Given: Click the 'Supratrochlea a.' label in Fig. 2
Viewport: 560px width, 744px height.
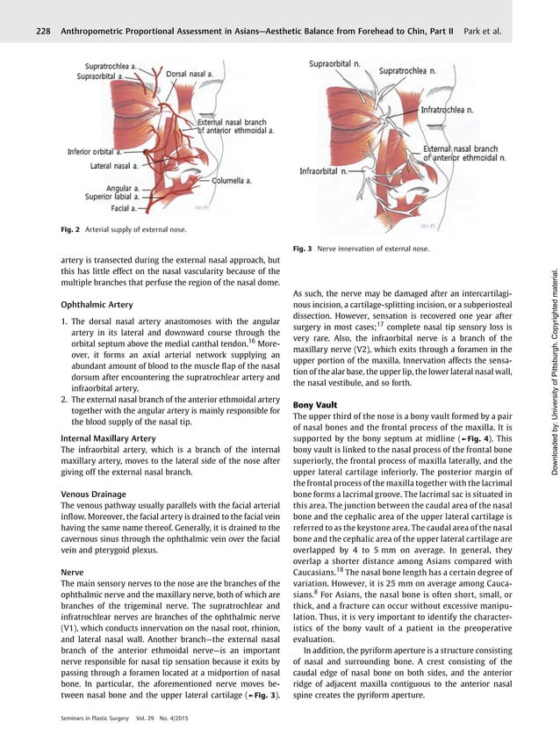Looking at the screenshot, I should (117, 66).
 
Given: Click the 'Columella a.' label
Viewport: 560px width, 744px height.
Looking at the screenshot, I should (232, 180).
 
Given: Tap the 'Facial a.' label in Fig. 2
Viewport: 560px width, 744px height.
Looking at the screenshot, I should (122, 208).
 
